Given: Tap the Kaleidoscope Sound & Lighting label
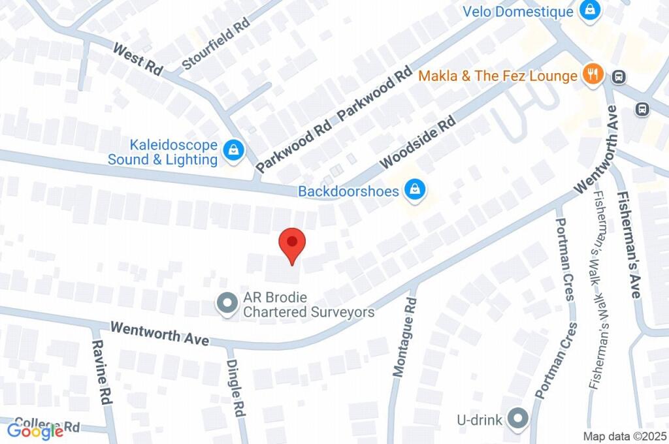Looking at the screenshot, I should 163,151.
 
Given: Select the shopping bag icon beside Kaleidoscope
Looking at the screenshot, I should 233,151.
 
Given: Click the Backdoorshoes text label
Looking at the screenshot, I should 350,191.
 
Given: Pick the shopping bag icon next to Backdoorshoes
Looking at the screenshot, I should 414,191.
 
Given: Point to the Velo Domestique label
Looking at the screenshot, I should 518,11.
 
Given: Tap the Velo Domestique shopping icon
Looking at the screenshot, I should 589,10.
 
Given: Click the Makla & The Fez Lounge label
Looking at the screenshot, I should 498,76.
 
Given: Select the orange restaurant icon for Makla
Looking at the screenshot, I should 593,74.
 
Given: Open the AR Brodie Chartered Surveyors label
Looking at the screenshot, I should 308,305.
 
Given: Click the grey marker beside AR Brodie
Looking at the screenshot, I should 227,303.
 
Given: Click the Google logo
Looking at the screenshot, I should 35,430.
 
